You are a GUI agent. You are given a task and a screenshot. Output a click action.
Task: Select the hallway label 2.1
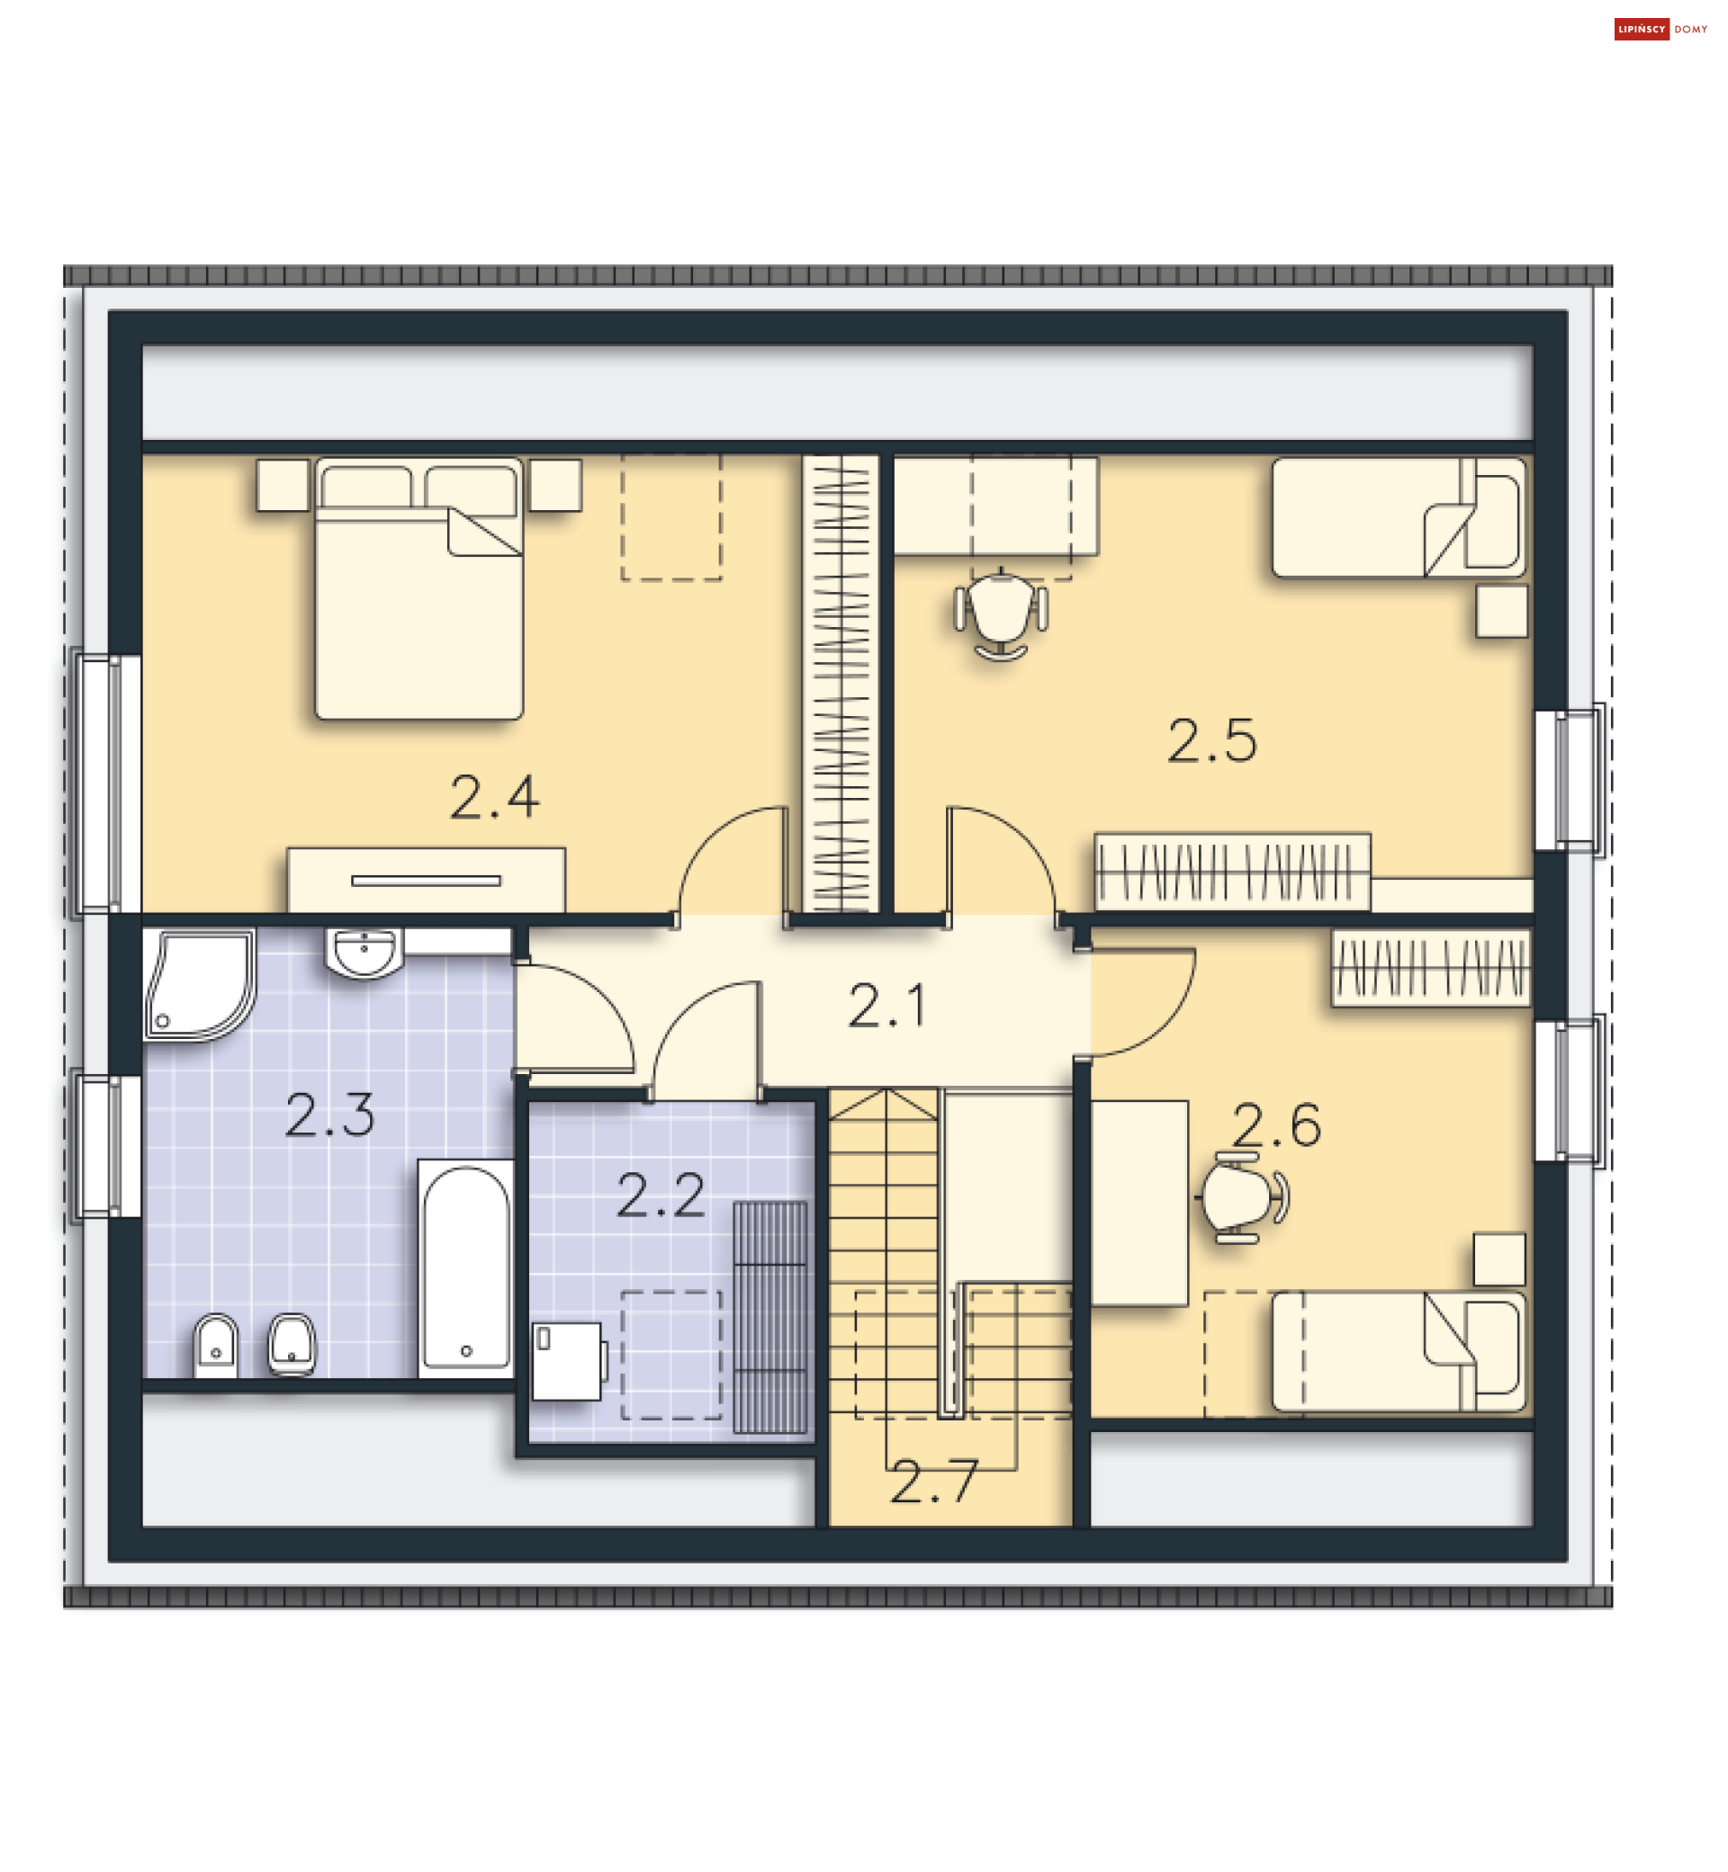[886, 1006]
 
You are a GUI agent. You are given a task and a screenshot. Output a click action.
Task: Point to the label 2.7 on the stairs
[933, 1482]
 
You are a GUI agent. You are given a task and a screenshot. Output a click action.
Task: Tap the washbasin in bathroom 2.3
[364, 953]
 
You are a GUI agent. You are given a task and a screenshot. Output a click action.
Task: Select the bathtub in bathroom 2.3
[465, 1268]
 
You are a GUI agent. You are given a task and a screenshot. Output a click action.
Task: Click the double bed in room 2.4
[418, 589]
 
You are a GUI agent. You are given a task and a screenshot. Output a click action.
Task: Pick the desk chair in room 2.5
[1001, 614]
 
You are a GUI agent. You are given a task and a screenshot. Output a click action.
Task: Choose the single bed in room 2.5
[1399, 517]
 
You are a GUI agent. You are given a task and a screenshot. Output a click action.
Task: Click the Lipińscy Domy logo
[1660, 29]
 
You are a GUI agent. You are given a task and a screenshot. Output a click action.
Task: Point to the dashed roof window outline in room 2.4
[671, 517]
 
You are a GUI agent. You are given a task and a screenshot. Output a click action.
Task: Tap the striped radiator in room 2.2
[769, 1317]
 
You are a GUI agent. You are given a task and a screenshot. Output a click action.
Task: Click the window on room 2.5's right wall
[1570, 781]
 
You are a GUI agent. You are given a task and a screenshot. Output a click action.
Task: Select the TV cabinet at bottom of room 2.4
[426, 880]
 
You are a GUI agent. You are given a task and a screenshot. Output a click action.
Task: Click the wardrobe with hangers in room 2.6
[1431, 967]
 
